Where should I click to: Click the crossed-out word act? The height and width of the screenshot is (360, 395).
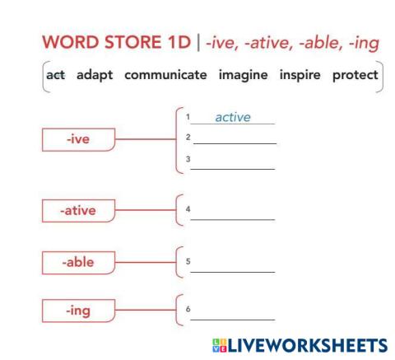coord(56,76)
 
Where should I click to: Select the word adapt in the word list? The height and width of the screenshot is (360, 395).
coord(95,76)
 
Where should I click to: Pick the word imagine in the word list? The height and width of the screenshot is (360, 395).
coord(243,76)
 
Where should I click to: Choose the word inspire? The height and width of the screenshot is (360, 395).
coord(300,76)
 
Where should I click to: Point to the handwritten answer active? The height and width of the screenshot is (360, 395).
coord(233,118)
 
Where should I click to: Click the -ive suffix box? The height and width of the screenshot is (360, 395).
coord(78,140)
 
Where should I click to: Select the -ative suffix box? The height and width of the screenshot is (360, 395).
coord(78,211)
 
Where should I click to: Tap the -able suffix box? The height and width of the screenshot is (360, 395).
coord(78,263)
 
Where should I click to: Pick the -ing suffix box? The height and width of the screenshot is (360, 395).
coord(78,311)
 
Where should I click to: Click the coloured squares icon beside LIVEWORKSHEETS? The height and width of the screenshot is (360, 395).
coord(217,344)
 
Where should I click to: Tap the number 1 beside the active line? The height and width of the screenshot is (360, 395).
coord(188,119)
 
